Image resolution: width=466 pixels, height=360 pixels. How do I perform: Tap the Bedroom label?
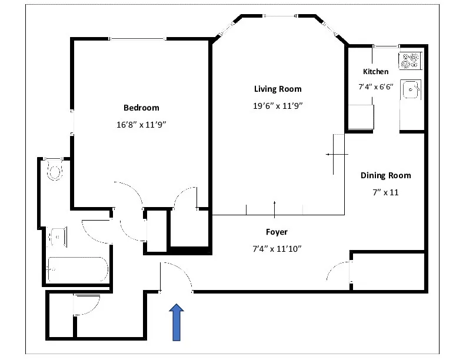click(x=141, y=108)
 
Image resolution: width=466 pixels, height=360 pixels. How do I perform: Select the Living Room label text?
click(x=278, y=89)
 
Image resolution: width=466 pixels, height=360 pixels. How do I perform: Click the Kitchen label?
click(x=375, y=72)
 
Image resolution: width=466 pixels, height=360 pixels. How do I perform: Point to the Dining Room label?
click(x=385, y=175)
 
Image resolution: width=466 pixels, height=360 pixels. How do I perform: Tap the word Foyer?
click(x=276, y=232)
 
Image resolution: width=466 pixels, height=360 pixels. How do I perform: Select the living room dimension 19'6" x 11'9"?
click(x=278, y=106)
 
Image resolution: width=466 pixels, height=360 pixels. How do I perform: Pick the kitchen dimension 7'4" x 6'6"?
click(x=376, y=86)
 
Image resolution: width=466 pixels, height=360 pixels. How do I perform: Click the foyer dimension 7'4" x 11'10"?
click(x=276, y=249)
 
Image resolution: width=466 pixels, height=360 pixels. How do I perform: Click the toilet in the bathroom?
click(x=55, y=170)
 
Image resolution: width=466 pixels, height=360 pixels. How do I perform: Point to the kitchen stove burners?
click(x=410, y=59)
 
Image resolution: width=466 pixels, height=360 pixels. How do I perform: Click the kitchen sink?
click(x=410, y=90)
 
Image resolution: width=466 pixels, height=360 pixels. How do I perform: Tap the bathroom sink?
click(x=57, y=237)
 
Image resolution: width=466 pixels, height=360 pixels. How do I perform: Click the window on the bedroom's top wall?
click(x=138, y=39)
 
